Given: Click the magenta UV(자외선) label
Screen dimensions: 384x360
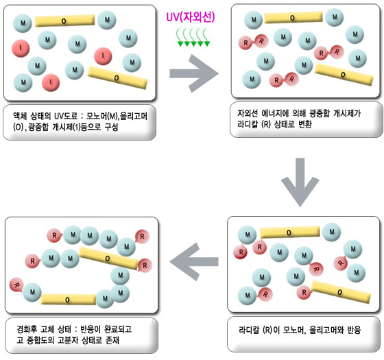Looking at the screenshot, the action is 191,17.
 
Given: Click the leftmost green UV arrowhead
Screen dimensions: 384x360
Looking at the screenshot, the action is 180,44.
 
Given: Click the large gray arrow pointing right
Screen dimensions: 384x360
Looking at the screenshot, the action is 194,73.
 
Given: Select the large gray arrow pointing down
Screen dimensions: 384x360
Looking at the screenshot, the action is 300,182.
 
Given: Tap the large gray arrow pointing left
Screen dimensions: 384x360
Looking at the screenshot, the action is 193,261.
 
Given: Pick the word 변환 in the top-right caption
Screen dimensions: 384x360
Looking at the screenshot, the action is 305,124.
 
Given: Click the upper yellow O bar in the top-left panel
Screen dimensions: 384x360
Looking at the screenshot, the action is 65,21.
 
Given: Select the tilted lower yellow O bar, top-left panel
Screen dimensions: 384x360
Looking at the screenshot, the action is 117,77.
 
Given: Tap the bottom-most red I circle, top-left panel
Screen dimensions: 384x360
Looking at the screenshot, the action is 51,82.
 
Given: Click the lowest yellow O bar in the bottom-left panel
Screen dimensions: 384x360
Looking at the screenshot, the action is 68,300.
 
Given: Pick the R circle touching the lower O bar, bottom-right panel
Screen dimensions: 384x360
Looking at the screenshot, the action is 304,292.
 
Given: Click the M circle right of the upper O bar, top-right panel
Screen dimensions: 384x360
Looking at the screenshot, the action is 335,17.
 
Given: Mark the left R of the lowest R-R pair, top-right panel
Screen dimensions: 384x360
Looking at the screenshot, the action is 277,80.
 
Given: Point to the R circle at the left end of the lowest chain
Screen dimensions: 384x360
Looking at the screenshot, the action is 16,285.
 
